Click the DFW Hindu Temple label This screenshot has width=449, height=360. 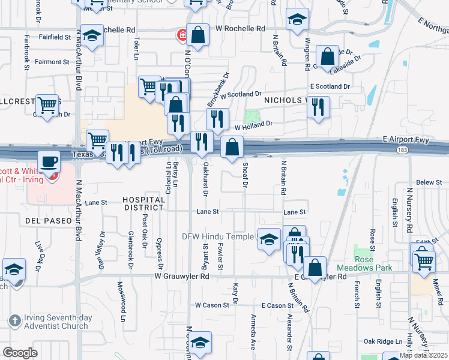[x=218, y=236]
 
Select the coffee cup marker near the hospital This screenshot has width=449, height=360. [x=49, y=161]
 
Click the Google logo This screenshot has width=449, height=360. [x=20, y=353]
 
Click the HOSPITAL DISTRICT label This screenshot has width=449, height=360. [x=143, y=203]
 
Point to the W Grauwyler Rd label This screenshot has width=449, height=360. [x=181, y=277]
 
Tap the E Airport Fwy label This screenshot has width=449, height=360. [x=406, y=140]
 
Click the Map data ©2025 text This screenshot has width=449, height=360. [x=423, y=355]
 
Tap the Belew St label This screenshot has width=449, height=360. [x=429, y=182]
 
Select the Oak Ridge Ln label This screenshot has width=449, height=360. [x=382, y=341]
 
